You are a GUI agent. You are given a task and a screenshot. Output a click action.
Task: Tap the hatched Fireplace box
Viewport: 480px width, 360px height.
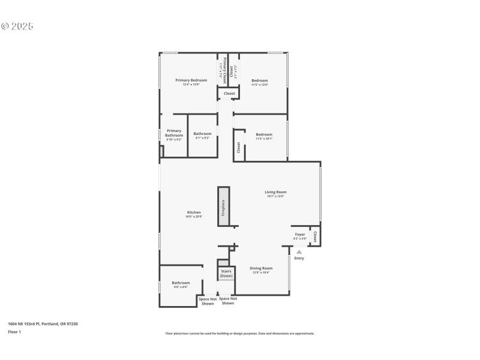click(x=223, y=206)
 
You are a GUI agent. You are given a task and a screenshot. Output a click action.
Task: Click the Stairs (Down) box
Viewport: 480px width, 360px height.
click(x=226, y=274)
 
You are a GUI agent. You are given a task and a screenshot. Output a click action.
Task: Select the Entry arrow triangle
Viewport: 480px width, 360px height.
click(x=299, y=252)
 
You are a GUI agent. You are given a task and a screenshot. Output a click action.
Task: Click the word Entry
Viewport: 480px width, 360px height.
click(x=299, y=259)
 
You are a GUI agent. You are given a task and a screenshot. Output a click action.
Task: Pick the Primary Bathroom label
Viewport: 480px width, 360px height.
click(x=174, y=134)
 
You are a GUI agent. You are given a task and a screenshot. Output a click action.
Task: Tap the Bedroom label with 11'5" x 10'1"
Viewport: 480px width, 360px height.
click(x=264, y=136)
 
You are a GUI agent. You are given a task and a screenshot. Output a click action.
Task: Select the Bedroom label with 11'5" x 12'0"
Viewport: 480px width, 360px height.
click(x=259, y=82)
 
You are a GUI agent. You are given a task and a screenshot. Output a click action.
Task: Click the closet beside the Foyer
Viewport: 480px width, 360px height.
click(x=315, y=236)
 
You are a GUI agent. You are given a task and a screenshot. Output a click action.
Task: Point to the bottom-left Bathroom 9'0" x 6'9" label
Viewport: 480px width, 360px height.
click(x=181, y=284)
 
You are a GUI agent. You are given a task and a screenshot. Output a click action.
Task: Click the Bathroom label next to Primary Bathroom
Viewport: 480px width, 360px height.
click(x=202, y=135)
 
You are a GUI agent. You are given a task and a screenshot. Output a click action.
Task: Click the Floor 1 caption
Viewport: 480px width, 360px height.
click(x=14, y=332)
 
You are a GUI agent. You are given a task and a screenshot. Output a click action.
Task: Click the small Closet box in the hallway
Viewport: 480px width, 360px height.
click(x=229, y=94)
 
